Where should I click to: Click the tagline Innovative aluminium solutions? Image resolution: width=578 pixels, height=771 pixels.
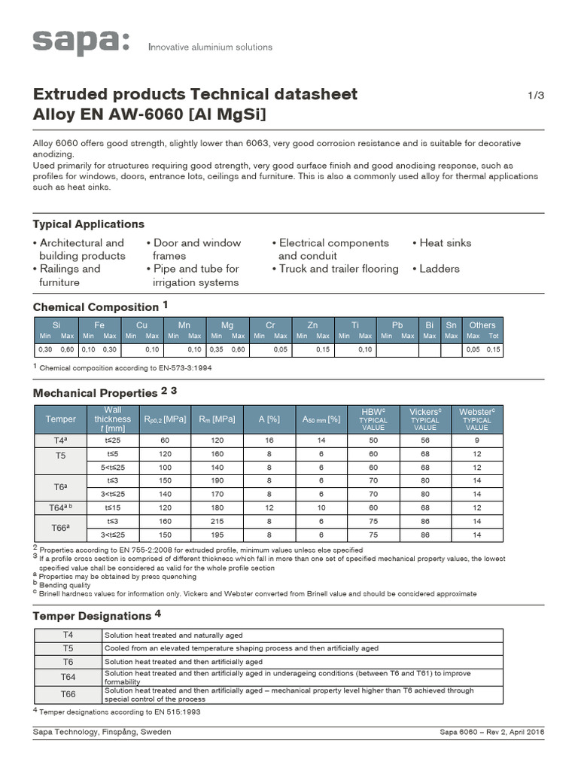(210, 47)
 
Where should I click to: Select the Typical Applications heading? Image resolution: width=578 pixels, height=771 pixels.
(88, 224)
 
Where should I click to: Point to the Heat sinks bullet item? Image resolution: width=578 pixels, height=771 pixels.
(441, 243)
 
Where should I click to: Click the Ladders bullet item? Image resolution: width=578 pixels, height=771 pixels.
(435, 269)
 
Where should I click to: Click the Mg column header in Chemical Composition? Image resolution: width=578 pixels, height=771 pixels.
(227, 325)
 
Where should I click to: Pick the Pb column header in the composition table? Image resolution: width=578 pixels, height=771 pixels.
(397, 325)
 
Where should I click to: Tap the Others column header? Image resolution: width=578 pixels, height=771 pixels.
(482, 325)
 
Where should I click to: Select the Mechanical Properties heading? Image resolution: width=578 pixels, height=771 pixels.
(96, 393)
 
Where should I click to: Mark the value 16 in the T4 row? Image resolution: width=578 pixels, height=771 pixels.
(269, 439)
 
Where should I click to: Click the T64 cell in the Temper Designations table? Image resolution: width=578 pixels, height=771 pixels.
(68, 677)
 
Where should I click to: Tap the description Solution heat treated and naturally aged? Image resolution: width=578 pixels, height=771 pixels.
(173, 635)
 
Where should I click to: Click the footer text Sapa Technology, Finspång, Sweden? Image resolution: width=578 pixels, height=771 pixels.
(102, 732)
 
